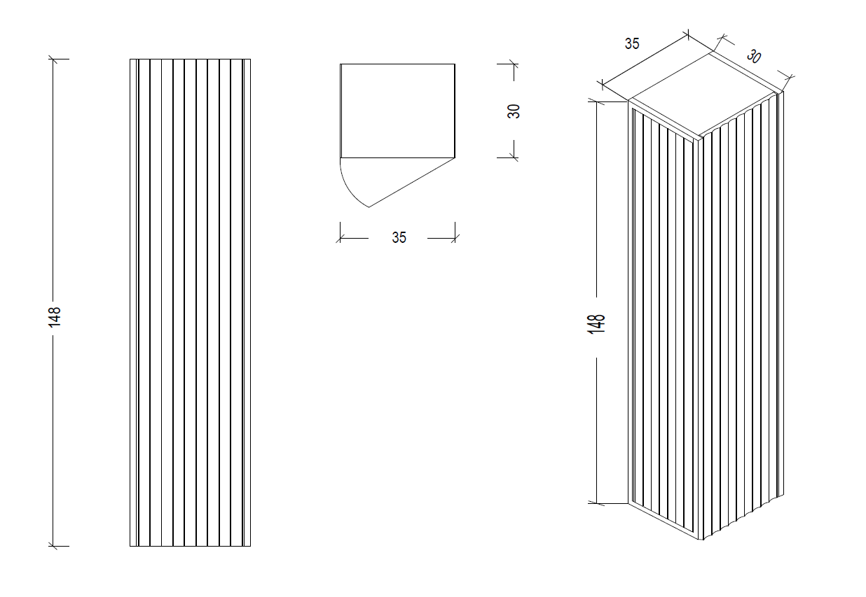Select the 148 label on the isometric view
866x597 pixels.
pos(596,323)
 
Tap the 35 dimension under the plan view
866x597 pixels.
pos(399,238)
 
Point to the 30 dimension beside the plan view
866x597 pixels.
pos(514,111)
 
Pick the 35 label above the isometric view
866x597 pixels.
pos(632,43)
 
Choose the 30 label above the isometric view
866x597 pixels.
pos(753,56)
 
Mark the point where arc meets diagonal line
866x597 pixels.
pos(369,207)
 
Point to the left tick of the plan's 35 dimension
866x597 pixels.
pos(341,238)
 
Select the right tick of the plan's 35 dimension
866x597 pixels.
pos(455,238)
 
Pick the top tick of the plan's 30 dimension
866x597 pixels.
pos(514,64)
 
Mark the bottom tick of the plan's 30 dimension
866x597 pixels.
pos(514,158)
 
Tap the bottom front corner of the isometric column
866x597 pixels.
pos(701,540)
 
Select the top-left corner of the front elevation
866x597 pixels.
pos(130,59)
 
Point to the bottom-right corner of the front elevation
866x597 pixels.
pos(251,545)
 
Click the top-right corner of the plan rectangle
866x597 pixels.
pos(455,64)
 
